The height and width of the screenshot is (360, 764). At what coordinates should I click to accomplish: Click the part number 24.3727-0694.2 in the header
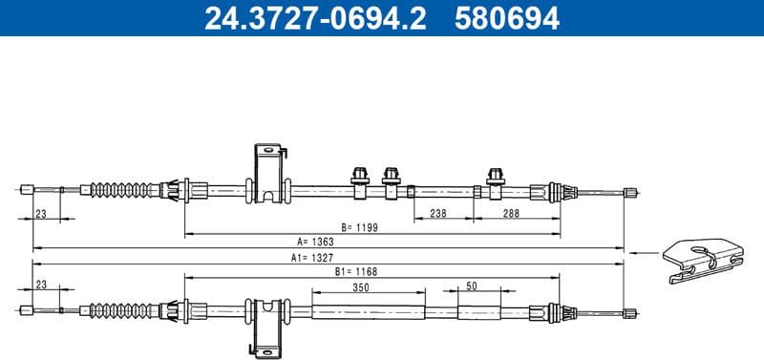pos(316,17)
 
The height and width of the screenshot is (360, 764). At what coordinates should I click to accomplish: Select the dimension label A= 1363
pos(315,243)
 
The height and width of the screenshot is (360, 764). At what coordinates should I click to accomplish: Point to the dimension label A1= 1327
pos(314,258)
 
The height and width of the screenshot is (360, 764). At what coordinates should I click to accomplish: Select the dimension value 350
pos(362,286)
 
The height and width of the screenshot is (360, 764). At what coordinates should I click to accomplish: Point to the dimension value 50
pos(472,286)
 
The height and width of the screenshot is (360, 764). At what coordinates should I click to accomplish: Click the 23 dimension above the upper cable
pos(40,214)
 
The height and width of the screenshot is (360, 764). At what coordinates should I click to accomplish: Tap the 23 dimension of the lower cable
pos(40,286)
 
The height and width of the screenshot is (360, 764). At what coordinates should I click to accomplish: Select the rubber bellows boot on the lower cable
pos(124,309)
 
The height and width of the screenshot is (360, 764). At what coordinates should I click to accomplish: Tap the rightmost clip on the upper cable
pos(495,180)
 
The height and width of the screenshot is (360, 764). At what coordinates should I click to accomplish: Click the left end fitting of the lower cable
pos(26,309)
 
